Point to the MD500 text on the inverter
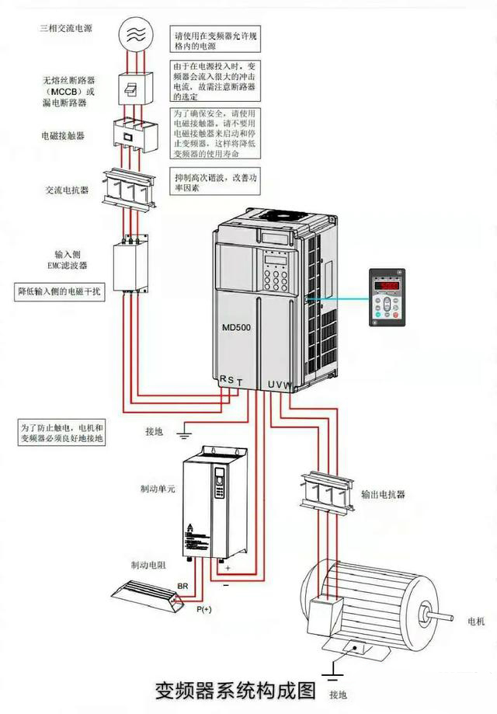(x=236, y=327)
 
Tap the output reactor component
(x=326, y=490)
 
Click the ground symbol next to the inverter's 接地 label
(x=185, y=430)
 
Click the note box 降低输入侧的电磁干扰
(x=60, y=292)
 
